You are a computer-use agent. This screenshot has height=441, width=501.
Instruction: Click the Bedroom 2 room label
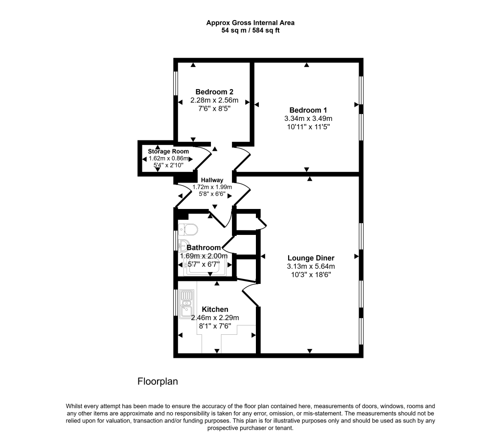point(214,92)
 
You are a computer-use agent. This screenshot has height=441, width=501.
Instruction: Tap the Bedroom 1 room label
point(308,110)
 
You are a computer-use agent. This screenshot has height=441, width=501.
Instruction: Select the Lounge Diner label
point(311,258)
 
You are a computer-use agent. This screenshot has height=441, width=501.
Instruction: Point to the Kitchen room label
point(215,309)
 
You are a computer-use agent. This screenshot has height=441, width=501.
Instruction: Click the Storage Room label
point(168,151)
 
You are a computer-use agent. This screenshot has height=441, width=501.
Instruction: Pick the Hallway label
point(212,180)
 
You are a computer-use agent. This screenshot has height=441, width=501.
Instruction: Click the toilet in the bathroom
point(188,229)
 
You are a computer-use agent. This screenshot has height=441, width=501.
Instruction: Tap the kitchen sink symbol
point(186,304)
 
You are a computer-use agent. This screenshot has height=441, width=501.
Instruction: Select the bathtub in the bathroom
point(205,266)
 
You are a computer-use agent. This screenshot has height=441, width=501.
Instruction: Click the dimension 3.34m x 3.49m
point(308,118)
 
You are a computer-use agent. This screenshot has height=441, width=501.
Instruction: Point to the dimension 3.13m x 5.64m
point(311,266)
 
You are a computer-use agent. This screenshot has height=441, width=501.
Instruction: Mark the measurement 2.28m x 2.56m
point(214,100)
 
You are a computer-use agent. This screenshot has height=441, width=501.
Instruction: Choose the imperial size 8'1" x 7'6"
point(215,326)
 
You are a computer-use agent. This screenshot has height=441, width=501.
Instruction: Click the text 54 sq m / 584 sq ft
point(250,31)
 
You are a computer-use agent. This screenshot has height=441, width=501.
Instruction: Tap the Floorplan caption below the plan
point(158,381)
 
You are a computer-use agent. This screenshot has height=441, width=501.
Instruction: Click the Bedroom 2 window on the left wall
point(176,83)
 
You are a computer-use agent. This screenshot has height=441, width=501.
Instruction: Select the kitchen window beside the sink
point(176,302)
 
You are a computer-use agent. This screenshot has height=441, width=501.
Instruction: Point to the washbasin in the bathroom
point(184,245)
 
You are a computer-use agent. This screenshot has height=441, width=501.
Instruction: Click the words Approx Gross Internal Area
point(250,23)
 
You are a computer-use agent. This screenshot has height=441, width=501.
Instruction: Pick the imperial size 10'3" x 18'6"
point(311,275)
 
